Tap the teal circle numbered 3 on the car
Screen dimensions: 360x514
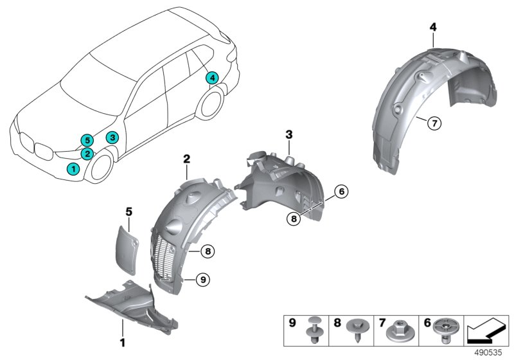tap(111, 137)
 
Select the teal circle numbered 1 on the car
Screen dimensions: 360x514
tap(74, 168)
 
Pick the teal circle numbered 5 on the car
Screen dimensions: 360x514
tap(86, 140)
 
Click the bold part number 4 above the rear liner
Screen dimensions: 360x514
tap(433, 26)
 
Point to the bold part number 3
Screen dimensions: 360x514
tap(288, 134)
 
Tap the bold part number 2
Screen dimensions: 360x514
tap(186, 157)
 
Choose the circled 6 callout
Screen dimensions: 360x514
tap(341, 191)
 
